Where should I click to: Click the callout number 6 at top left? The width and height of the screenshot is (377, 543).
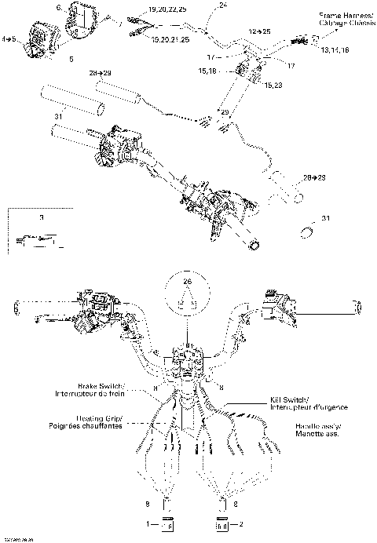coord(59,7)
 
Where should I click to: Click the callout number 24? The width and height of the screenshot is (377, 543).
coord(222,5)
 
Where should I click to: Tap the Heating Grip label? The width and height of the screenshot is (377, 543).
coord(97,418)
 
